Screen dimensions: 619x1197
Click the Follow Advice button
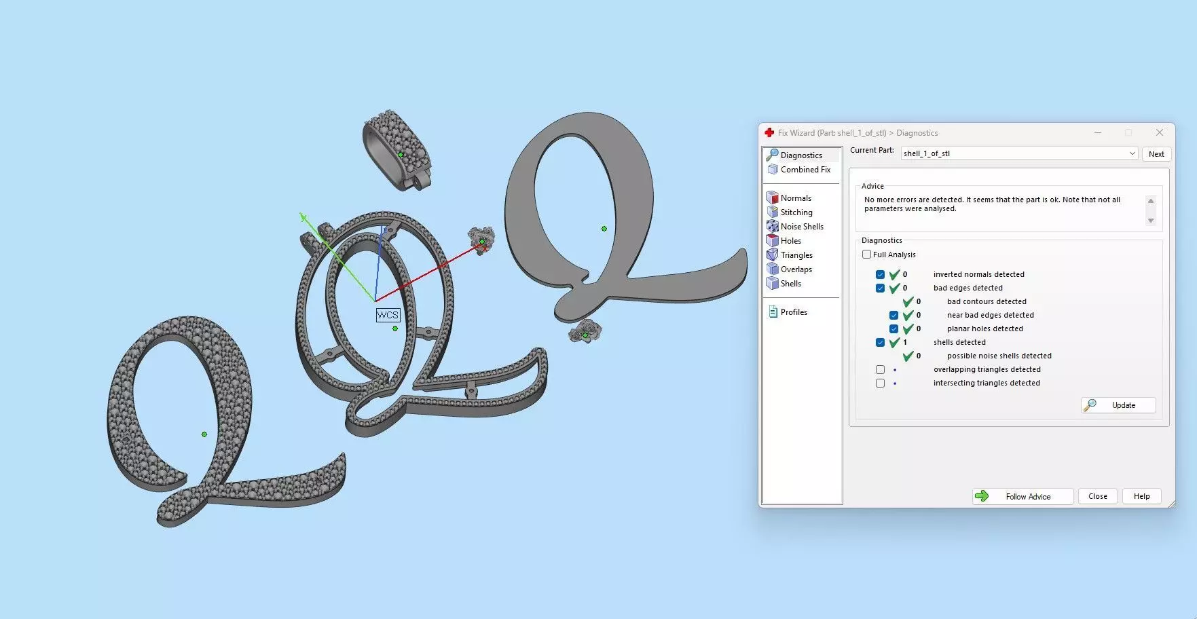[x=1023, y=497]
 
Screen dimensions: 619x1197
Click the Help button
[x=1141, y=496]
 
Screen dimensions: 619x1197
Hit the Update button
[x=1118, y=405]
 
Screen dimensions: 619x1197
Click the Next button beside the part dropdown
[x=1156, y=154]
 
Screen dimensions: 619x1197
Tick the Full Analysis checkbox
[x=867, y=255]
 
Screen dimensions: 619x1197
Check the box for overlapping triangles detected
[x=881, y=370]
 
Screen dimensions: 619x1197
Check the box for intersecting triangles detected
[x=881, y=383]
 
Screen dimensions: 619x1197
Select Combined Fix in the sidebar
[x=805, y=170]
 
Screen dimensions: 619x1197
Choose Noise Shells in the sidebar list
[x=801, y=227]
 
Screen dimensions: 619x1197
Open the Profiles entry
[x=793, y=312]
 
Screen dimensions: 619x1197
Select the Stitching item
[x=796, y=212]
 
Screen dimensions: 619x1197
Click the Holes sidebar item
[x=790, y=241]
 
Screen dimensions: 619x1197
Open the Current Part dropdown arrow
[x=1132, y=153]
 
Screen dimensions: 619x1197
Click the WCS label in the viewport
[x=388, y=315]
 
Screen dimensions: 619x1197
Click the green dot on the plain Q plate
[x=604, y=229]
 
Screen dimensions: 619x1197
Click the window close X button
[x=1160, y=132]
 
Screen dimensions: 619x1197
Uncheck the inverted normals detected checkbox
[x=881, y=275]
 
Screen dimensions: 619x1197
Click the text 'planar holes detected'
[x=984, y=329]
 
